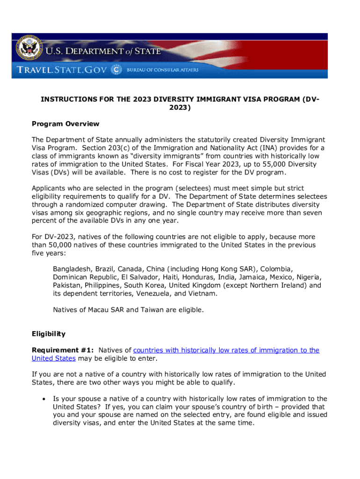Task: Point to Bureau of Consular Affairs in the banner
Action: [x=162, y=70]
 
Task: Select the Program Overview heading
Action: [x=65, y=124]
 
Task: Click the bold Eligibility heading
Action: [x=49, y=334]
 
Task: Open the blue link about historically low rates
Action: [x=226, y=350]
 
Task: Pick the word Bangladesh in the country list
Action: [x=72, y=269]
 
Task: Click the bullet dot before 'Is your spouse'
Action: [x=43, y=399]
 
